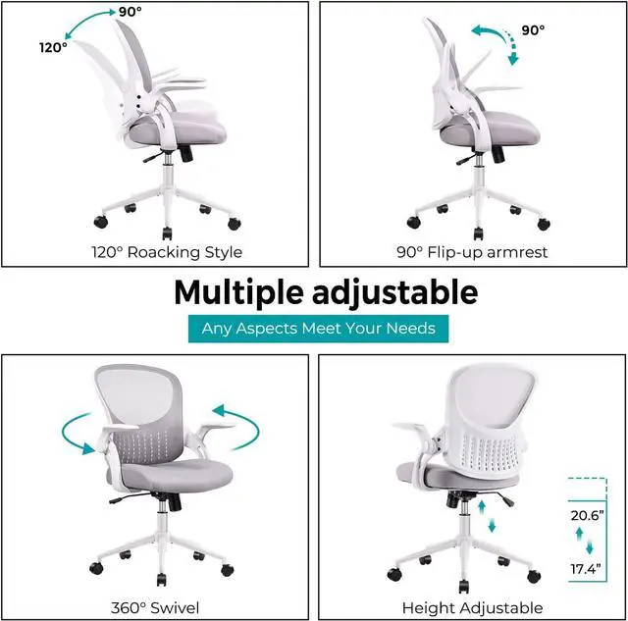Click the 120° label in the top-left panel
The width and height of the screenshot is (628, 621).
coord(53,46)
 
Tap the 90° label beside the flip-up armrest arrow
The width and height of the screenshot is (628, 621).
coord(533,30)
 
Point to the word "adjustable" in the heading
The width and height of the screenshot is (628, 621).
coord(404,292)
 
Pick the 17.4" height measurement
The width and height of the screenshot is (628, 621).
coord(586,569)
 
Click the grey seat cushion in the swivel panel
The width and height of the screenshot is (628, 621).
coord(183,474)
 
